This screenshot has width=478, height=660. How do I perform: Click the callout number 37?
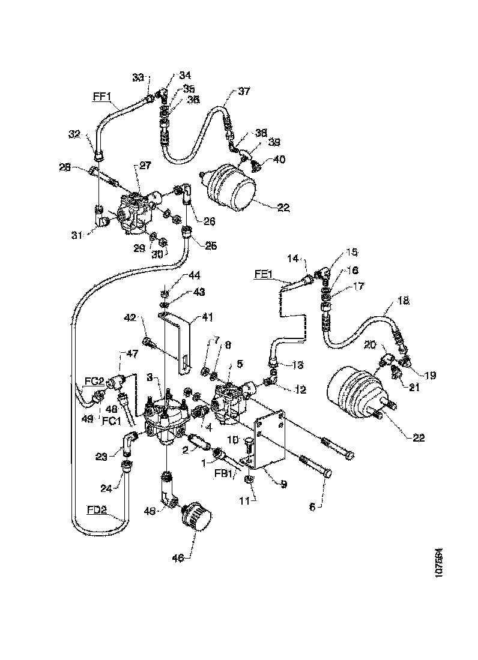[x=244, y=91]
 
